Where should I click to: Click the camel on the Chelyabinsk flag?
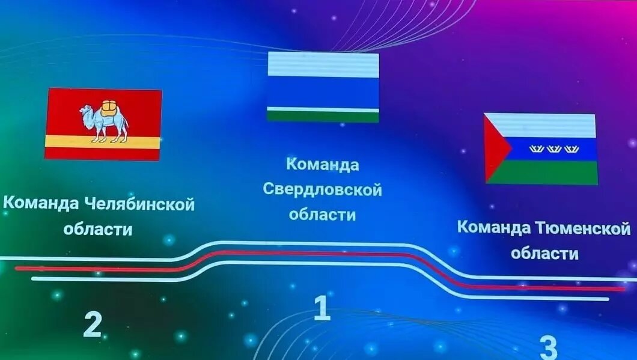coord(104,123)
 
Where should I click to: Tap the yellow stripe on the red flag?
coord(103,142)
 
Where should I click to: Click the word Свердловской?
coord(323,190)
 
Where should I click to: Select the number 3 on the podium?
coord(548,347)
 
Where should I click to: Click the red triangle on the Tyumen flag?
coord(496,148)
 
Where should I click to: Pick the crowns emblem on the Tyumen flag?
coord(549,147)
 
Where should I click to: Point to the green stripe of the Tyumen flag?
coord(550,173)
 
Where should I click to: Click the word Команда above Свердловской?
coord(323,163)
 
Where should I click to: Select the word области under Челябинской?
coord(98,229)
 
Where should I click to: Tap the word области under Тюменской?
coord(544,253)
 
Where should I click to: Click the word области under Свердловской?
coord(323,215)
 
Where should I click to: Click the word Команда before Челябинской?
coord(40,203)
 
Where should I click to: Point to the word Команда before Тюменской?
coord(493,228)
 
